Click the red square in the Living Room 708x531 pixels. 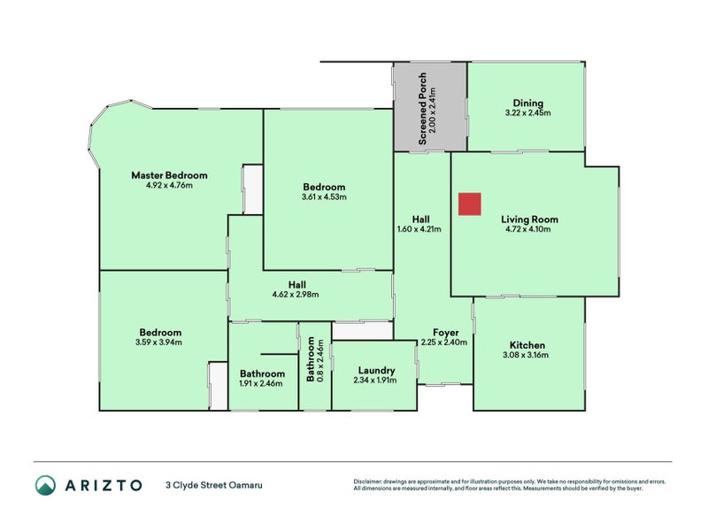pos(470,204)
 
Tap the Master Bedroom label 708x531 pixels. pos(169,175)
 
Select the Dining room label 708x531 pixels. pos(527,104)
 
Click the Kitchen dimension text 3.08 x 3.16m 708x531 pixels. pos(526,355)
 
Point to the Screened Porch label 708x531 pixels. pos(422,108)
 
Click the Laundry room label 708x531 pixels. pos(377,371)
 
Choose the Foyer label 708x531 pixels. pos(446,333)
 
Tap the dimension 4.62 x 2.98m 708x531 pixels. pos(296,295)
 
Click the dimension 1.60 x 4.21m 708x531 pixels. pos(419,229)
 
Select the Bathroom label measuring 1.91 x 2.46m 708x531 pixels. pos(262,373)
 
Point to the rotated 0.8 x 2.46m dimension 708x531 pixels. pos(320,361)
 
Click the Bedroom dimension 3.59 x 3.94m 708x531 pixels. pos(158,342)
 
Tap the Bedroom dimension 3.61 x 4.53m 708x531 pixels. pos(324,196)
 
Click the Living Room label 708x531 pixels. pos(529,219)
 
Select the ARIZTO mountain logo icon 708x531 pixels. pos(46,485)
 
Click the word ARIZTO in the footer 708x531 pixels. pos(104,485)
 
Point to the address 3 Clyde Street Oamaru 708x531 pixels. pos(214,485)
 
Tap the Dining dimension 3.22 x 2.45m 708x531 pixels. pos(527,113)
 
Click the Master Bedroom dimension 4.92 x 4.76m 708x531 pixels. pos(169,185)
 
